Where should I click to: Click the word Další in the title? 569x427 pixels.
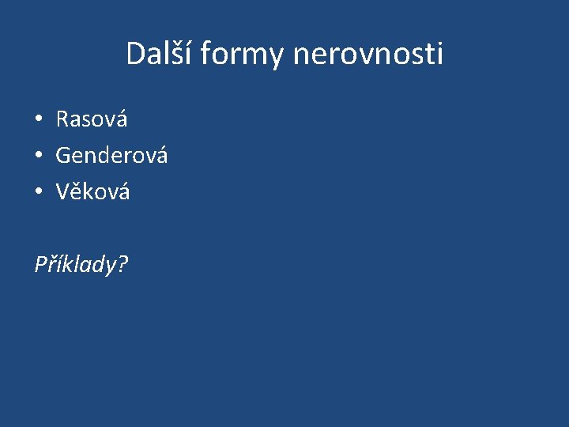160,54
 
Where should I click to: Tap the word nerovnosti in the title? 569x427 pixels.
367,54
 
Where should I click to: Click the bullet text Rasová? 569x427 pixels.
92,119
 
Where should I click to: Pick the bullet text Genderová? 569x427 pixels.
111,156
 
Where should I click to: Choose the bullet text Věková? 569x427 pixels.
92,191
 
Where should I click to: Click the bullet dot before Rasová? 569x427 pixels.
38,120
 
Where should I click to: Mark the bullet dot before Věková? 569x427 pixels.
38,192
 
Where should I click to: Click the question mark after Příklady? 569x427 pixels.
122,264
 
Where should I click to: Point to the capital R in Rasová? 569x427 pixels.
62,119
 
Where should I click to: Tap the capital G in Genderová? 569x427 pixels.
63,156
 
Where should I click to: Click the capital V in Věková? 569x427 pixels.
62,191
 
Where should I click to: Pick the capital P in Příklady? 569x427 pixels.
40,264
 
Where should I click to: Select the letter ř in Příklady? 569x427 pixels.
51,264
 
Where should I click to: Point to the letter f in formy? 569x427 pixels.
205,54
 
